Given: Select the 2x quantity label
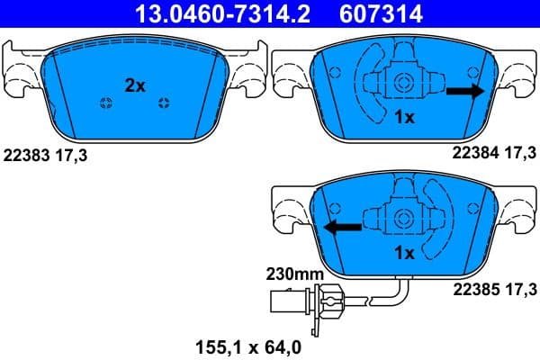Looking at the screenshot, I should [135, 85].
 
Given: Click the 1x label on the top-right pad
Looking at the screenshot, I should [404, 116].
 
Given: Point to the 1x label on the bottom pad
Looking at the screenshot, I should [404, 253].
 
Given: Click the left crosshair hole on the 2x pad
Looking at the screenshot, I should [104, 103].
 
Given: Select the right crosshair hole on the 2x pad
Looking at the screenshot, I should [164, 101].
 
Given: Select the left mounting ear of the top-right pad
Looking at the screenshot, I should [292, 72].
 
